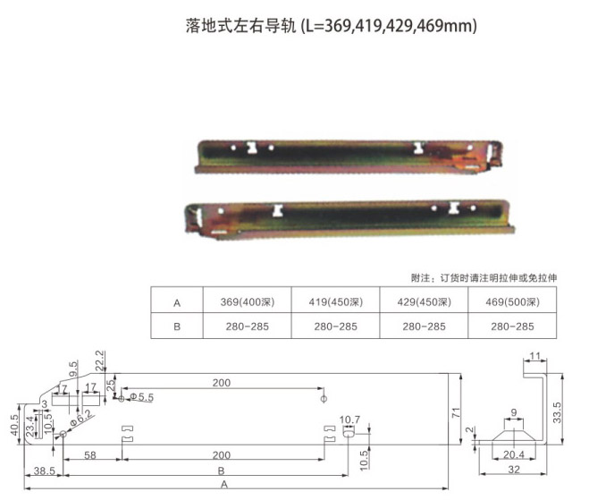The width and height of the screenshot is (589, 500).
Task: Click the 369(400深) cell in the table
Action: point(248,302)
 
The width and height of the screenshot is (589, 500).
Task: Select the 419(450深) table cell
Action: point(336,302)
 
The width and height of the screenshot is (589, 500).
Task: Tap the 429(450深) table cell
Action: point(424,302)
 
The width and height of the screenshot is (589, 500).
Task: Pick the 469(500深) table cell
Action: point(512,302)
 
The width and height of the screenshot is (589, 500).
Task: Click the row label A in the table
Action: point(177,303)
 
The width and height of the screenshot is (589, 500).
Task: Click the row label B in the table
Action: point(177,326)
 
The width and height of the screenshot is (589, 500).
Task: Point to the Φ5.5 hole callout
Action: point(141,397)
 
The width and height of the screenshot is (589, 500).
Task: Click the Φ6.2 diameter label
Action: point(81,418)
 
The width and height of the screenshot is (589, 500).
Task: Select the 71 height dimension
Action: point(456,413)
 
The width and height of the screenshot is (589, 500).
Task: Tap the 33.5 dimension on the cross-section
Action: point(557,412)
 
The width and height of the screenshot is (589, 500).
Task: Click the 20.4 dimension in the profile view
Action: point(514,455)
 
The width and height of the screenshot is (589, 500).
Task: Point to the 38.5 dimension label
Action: point(45,470)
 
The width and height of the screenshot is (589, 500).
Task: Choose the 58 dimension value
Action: point(90,455)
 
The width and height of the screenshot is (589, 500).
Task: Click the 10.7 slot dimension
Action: point(349,419)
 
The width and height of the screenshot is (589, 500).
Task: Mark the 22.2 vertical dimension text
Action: point(99,360)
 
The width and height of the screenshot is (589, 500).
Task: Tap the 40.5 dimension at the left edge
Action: point(14,425)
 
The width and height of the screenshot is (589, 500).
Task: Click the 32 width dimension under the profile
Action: point(514,470)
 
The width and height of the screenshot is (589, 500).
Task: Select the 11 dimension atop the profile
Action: point(534,356)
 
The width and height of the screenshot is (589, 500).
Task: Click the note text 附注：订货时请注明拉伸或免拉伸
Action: point(484,278)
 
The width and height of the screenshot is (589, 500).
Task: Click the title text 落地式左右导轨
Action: point(240,26)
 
